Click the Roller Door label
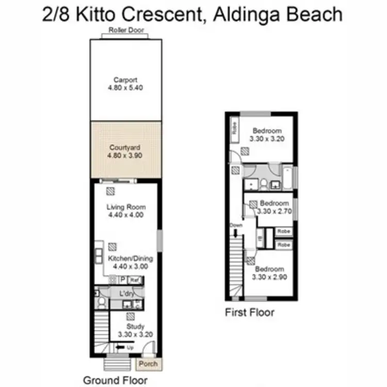point(126,30)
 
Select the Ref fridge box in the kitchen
point(135,280)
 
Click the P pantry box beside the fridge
point(123,280)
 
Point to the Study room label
point(135,326)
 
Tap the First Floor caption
point(250,312)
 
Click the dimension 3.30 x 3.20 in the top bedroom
point(267,139)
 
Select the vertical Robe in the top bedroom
point(234,128)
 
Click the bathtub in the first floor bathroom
point(287,178)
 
